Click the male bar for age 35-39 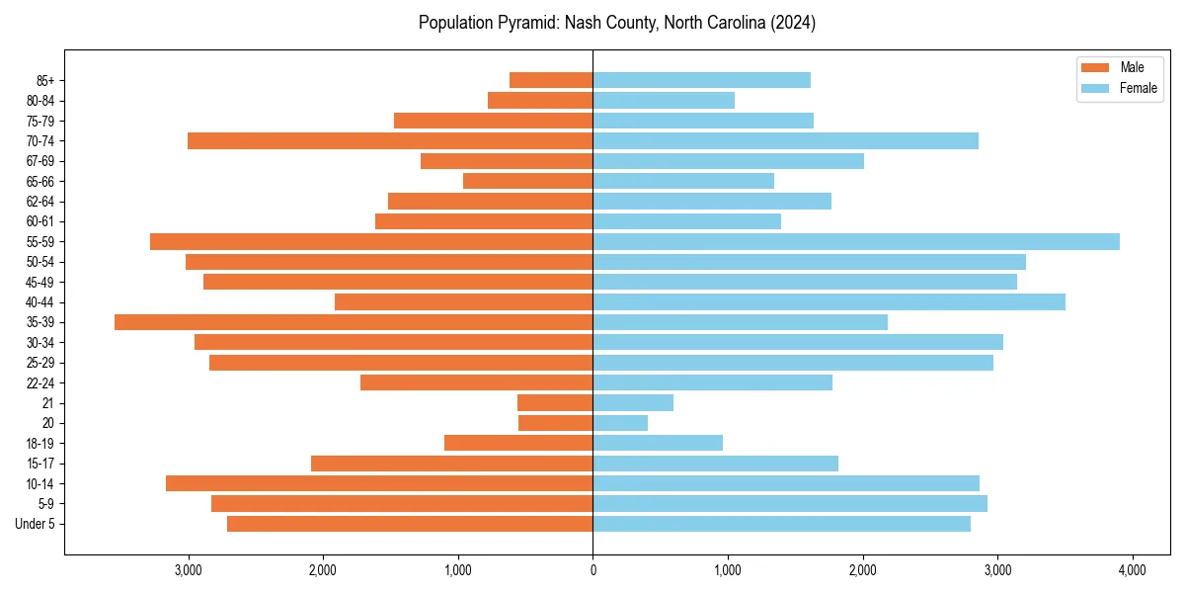(354, 322)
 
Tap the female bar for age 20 (620, 423)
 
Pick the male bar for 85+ (551, 80)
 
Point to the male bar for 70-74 (390, 140)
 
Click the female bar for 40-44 (829, 301)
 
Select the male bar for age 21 (555, 403)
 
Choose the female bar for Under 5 (781, 524)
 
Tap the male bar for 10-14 (379, 483)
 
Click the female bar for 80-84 (664, 100)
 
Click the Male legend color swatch (1095, 67)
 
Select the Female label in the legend (1139, 88)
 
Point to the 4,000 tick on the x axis (1133, 570)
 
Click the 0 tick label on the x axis (592, 570)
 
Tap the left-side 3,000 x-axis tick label (188, 570)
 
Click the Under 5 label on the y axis (35, 524)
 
